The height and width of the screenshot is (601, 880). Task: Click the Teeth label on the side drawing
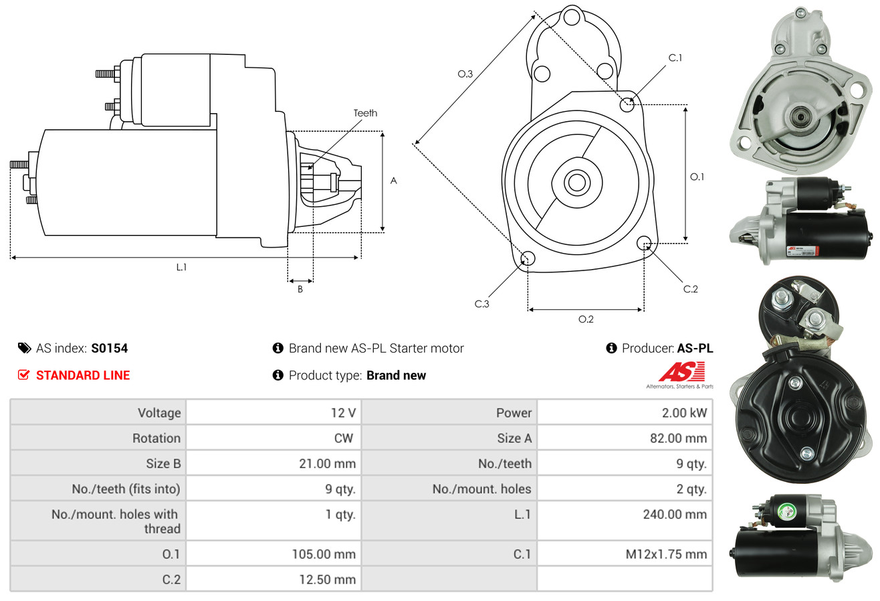pos(365,113)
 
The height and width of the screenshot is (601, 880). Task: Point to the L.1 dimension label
pos(181,267)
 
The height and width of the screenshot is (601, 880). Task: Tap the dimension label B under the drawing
pos(300,289)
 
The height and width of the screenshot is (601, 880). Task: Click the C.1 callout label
pos(675,58)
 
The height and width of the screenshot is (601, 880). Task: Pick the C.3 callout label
pos(482,304)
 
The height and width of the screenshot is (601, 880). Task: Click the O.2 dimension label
pos(586,319)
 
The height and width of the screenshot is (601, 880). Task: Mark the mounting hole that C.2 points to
pos(645,242)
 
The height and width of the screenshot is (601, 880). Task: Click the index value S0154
pos(110,348)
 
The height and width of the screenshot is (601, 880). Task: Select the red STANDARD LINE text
pos(83,375)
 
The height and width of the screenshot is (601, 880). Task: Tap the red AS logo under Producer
pos(681,372)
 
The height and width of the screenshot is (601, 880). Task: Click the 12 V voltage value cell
pos(343,412)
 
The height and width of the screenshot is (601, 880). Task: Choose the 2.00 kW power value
pos(684,412)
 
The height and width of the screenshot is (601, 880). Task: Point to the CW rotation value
pos(344,438)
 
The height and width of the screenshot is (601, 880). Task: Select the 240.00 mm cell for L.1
pos(674,515)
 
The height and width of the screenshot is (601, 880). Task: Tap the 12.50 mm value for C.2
pos(327,580)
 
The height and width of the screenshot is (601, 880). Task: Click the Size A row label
pos(514,438)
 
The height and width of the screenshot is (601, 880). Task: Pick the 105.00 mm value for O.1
pos(324,554)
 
